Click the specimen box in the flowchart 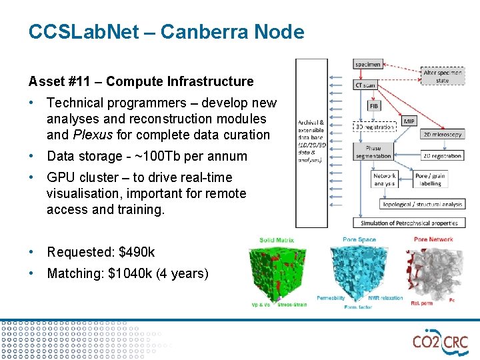click(x=368, y=64)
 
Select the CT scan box click(x=366, y=85)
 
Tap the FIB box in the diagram click(x=374, y=105)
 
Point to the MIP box click(x=409, y=121)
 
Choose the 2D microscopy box click(x=441, y=135)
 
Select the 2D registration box click(x=441, y=156)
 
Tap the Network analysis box click(x=385, y=179)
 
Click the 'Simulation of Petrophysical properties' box click(x=409, y=223)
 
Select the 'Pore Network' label click(x=433, y=239)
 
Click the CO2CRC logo click(x=440, y=342)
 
